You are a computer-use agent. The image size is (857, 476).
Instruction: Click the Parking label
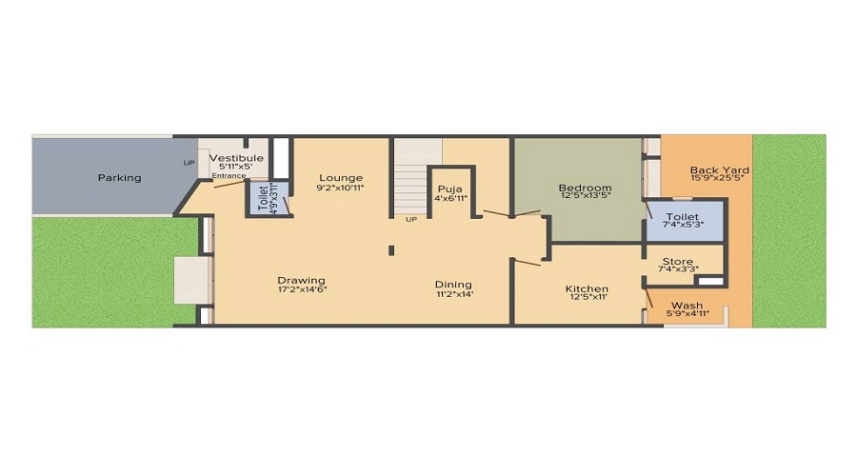tap(119, 178)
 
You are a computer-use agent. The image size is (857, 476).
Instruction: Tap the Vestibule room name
tap(235, 158)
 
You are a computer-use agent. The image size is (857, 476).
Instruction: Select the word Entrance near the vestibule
tap(229, 176)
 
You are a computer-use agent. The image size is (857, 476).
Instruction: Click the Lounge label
tap(341, 178)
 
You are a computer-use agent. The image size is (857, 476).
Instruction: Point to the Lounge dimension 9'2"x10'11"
tap(341, 188)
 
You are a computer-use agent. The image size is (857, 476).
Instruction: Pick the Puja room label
tap(449, 188)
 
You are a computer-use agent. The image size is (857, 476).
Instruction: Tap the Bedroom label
tap(584, 188)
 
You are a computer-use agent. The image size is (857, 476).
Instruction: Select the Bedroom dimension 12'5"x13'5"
tap(584, 197)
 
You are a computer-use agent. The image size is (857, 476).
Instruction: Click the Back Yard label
tap(719, 171)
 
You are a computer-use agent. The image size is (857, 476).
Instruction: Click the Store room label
tap(677, 262)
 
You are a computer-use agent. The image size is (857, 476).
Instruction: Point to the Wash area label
tap(687, 306)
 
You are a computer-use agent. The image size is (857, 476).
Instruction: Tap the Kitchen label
tap(587, 289)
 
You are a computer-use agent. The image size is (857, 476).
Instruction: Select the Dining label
tap(453, 285)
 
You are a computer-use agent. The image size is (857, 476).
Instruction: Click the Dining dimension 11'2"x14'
tap(453, 294)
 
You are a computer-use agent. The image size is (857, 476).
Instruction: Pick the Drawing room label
tap(301, 281)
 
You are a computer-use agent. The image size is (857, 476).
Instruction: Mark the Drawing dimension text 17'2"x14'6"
tap(301, 290)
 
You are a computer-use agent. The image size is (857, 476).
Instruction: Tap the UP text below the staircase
tap(411, 220)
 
